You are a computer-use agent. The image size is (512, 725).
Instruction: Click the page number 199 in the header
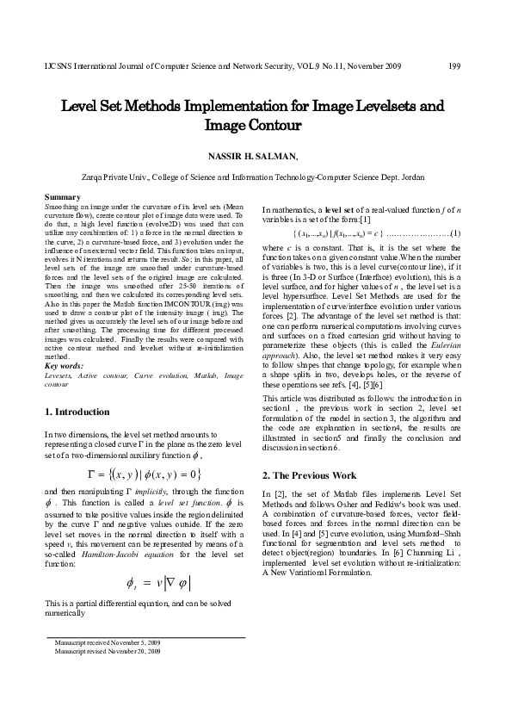click(456, 65)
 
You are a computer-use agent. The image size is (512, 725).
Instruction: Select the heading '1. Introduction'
click(76, 412)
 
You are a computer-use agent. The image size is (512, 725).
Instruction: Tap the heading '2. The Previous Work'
click(309, 475)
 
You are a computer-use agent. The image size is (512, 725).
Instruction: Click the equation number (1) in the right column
click(456, 233)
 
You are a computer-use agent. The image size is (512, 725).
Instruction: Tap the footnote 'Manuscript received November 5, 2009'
click(107, 643)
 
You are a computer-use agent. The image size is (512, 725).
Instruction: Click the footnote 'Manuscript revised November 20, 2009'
click(107, 651)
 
